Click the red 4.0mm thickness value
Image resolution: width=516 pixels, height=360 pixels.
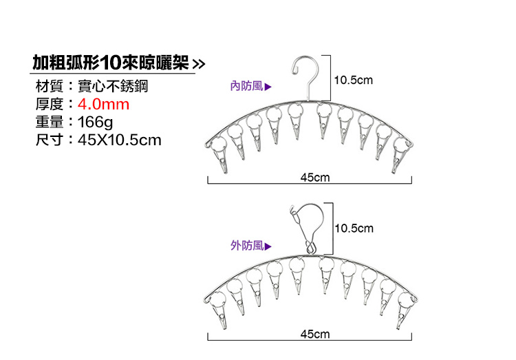(x=103, y=105)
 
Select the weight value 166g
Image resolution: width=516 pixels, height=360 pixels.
(x=95, y=123)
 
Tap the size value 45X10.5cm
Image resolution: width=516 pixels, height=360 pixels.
(x=120, y=140)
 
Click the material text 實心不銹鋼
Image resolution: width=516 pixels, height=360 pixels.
(x=113, y=86)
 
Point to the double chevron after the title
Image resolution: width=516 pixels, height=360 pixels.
(x=199, y=63)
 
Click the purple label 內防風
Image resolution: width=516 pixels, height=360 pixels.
(x=247, y=86)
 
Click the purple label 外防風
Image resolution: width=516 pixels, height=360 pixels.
(x=247, y=245)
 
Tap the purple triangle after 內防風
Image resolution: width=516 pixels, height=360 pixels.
(x=268, y=87)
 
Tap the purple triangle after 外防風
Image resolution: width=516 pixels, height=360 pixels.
(x=268, y=246)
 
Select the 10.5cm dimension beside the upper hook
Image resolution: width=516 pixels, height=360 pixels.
(x=354, y=80)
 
